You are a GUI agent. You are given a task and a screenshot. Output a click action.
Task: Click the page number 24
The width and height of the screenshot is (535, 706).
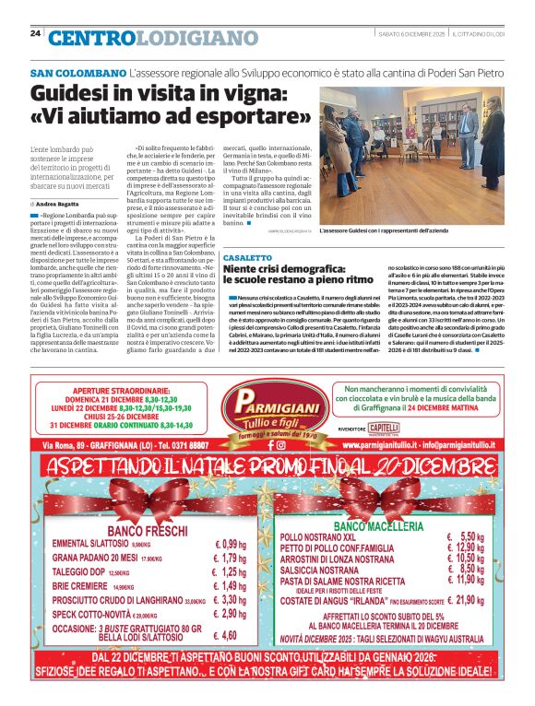(x=35, y=33)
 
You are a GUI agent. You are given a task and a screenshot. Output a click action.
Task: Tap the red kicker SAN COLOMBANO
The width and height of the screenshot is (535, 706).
(x=77, y=73)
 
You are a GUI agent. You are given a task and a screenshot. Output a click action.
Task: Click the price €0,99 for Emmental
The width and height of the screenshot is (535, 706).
(x=230, y=544)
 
